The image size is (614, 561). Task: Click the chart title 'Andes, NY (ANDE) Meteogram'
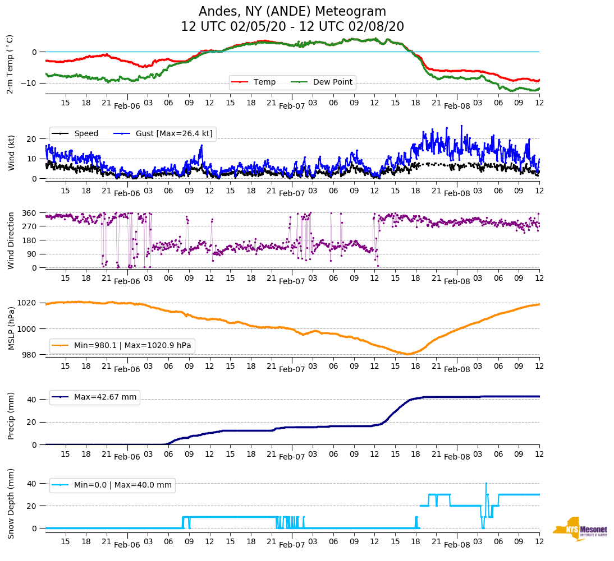[x=292, y=12]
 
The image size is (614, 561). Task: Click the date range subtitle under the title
[x=292, y=27]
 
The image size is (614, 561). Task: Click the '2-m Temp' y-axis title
[x=10, y=64]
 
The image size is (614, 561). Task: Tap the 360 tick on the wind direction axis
[x=30, y=213]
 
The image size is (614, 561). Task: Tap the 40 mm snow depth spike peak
[x=486, y=483]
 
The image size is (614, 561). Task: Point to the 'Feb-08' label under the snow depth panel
[x=457, y=545]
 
